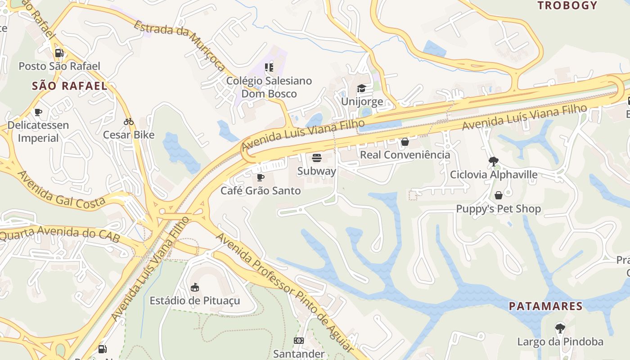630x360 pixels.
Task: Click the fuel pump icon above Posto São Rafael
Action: coord(59,53)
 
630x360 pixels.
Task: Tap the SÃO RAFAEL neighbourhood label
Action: coord(70,86)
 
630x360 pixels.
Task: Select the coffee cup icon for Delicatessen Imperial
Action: coord(38,112)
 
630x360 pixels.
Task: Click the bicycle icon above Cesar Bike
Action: coord(129,121)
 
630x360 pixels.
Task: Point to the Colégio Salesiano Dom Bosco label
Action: coord(269,87)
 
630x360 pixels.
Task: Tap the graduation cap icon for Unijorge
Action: coord(362,88)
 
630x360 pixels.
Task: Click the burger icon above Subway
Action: coord(317,158)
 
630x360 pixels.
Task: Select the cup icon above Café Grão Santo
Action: coord(261,177)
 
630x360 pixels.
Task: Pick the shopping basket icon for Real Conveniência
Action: coord(405,142)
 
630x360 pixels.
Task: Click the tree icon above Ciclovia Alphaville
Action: coord(494,161)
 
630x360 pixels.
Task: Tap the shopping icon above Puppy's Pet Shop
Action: coord(499,195)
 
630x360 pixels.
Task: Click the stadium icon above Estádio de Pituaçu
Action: coord(195,287)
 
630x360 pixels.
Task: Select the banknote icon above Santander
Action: coord(299,341)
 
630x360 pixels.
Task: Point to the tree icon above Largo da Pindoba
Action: coord(560,328)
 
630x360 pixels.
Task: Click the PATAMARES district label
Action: coord(546,306)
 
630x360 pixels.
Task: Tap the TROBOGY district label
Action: coord(567,5)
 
